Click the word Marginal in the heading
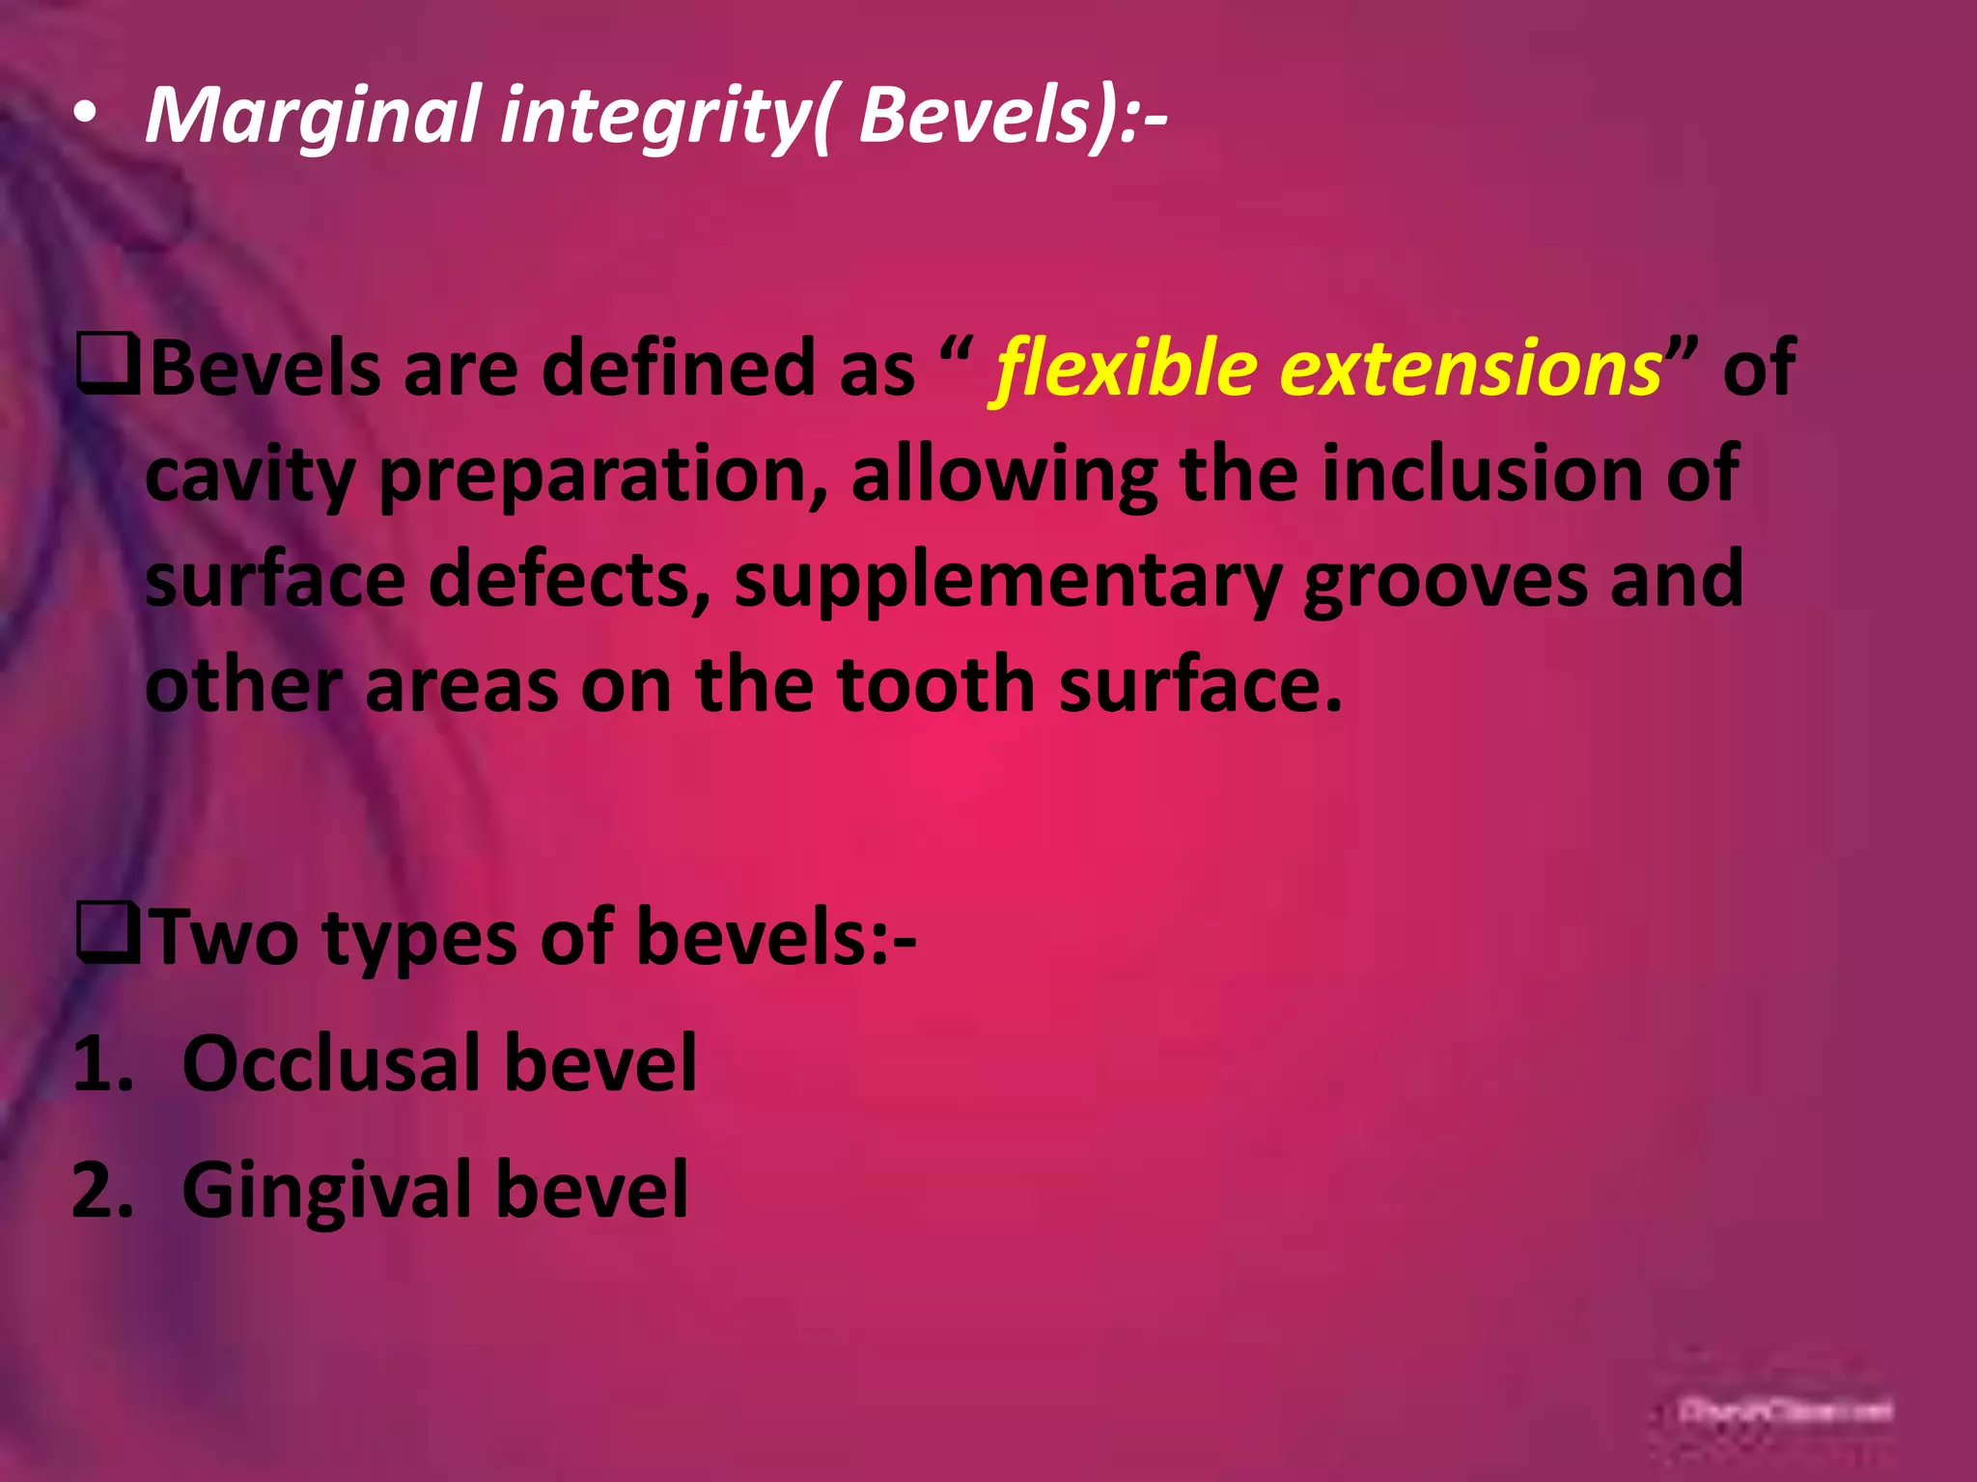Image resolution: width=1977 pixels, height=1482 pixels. click(312, 116)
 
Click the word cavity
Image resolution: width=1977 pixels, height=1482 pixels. click(250, 475)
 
